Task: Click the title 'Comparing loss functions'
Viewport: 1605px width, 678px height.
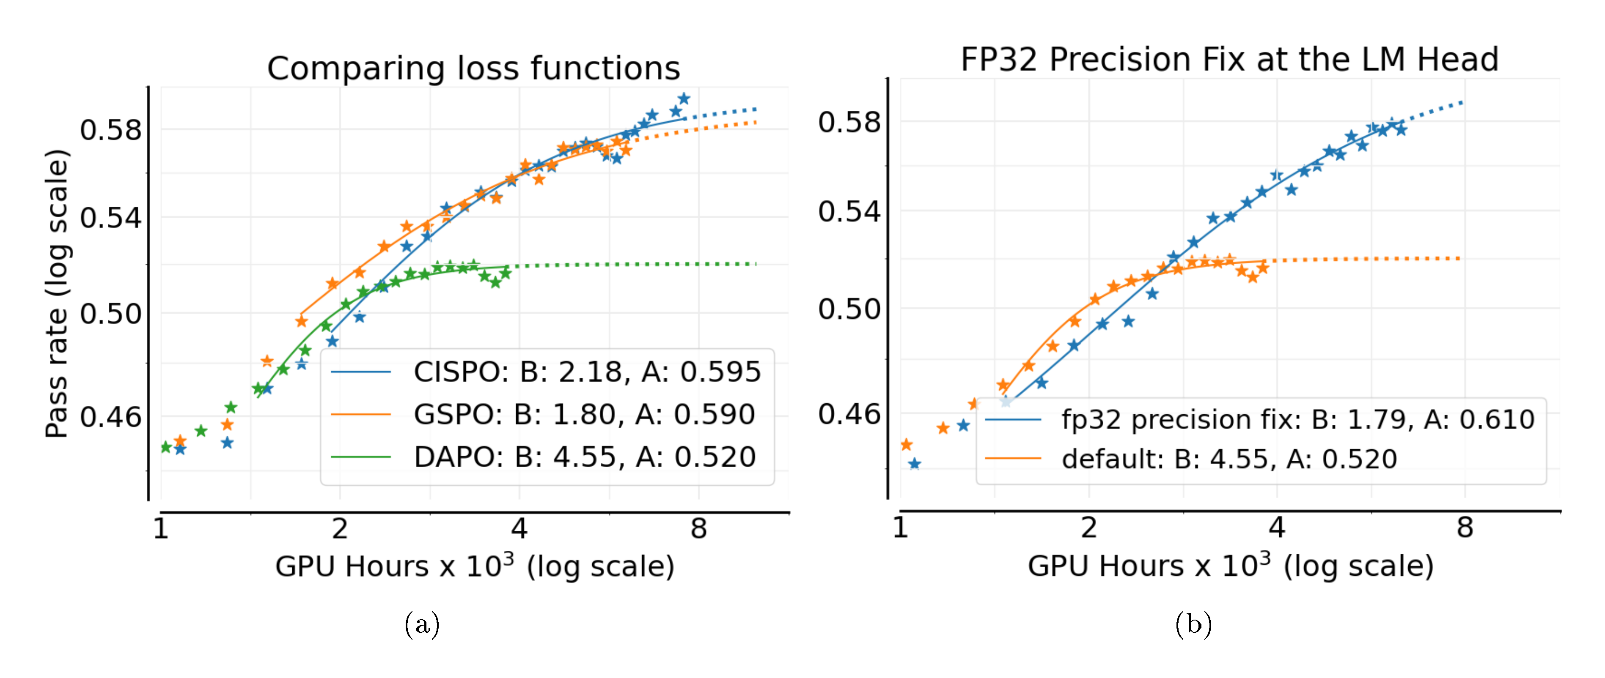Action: [x=473, y=68]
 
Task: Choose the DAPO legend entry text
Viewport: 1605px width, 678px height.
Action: [x=585, y=457]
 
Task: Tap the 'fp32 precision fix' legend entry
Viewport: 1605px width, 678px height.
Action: [x=1297, y=420]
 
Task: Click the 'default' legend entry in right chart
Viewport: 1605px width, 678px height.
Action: [x=1228, y=459]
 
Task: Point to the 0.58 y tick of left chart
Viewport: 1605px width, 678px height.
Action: [x=110, y=130]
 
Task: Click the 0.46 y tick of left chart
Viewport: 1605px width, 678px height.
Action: [x=110, y=416]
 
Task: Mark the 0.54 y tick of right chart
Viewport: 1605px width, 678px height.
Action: [x=849, y=212]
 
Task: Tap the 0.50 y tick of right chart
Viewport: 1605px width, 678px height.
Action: [x=849, y=309]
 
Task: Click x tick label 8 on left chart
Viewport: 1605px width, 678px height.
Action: [x=698, y=529]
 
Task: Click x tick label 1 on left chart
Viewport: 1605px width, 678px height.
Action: [x=161, y=529]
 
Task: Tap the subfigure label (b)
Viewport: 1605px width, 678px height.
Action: [x=1193, y=624]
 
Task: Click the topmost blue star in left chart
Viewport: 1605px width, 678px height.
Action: [x=684, y=98]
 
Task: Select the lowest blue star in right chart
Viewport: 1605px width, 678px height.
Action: [x=914, y=463]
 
